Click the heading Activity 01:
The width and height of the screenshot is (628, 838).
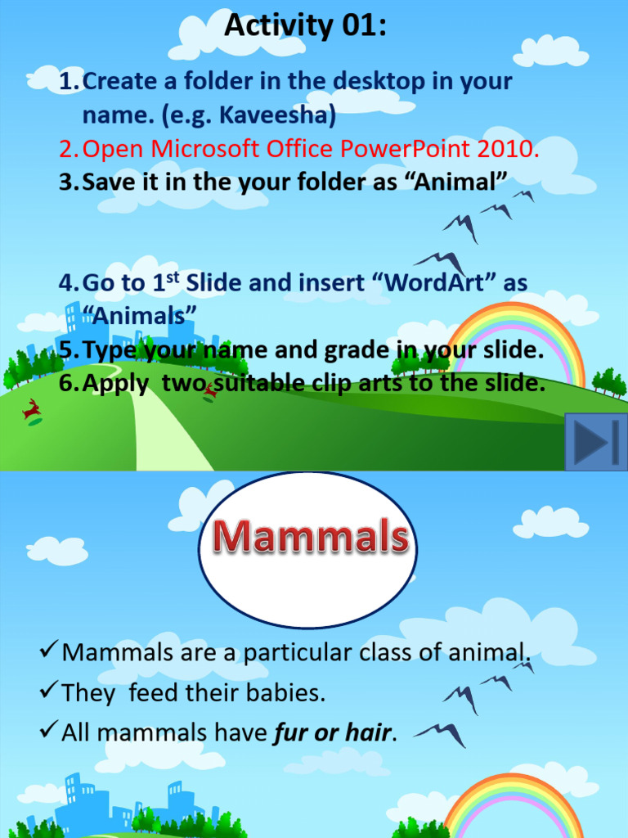point(305,26)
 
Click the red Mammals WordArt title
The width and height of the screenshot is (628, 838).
point(310,538)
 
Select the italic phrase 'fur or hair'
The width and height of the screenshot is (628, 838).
point(334,733)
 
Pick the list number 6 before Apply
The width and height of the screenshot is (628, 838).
point(66,384)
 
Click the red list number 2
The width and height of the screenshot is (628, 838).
point(66,150)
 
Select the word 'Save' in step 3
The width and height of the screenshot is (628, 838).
point(108,182)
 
